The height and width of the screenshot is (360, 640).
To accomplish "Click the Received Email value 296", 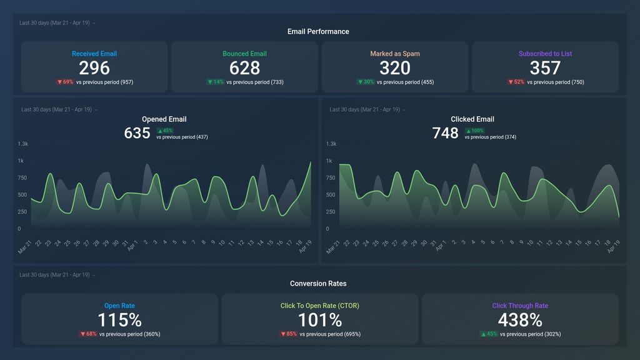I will tap(94, 67).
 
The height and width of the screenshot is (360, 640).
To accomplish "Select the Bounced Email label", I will tap(244, 54).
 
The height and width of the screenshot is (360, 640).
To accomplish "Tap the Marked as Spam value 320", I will tap(395, 67).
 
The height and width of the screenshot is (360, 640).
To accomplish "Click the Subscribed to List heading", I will tap(545, 54).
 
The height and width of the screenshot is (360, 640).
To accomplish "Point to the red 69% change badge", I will tap(65, 82).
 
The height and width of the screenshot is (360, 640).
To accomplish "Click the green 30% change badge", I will tap(366, 82).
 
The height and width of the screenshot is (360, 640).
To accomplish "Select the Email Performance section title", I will tap(318, 31).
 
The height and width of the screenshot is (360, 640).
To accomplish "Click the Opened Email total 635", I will tap(137, 132).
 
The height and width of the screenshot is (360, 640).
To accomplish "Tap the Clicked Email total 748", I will tap(445, 132).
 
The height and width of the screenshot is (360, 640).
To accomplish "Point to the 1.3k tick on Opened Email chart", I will tap(23, 144).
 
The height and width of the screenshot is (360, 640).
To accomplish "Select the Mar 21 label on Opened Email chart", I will tap(24, 246).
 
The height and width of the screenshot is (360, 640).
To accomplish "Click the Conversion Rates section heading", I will tap(318, 283).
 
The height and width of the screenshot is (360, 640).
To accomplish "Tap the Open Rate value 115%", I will tap(119, 320).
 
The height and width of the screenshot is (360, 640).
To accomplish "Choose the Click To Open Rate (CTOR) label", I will tap(319, 306).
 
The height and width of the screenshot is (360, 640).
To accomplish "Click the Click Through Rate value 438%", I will tap(520, 320).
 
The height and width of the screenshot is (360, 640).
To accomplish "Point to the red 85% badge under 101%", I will tap(288, 334).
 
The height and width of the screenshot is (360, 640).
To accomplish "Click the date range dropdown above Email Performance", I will tap(57, 23).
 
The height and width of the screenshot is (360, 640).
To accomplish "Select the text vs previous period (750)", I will tap(556, 82).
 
